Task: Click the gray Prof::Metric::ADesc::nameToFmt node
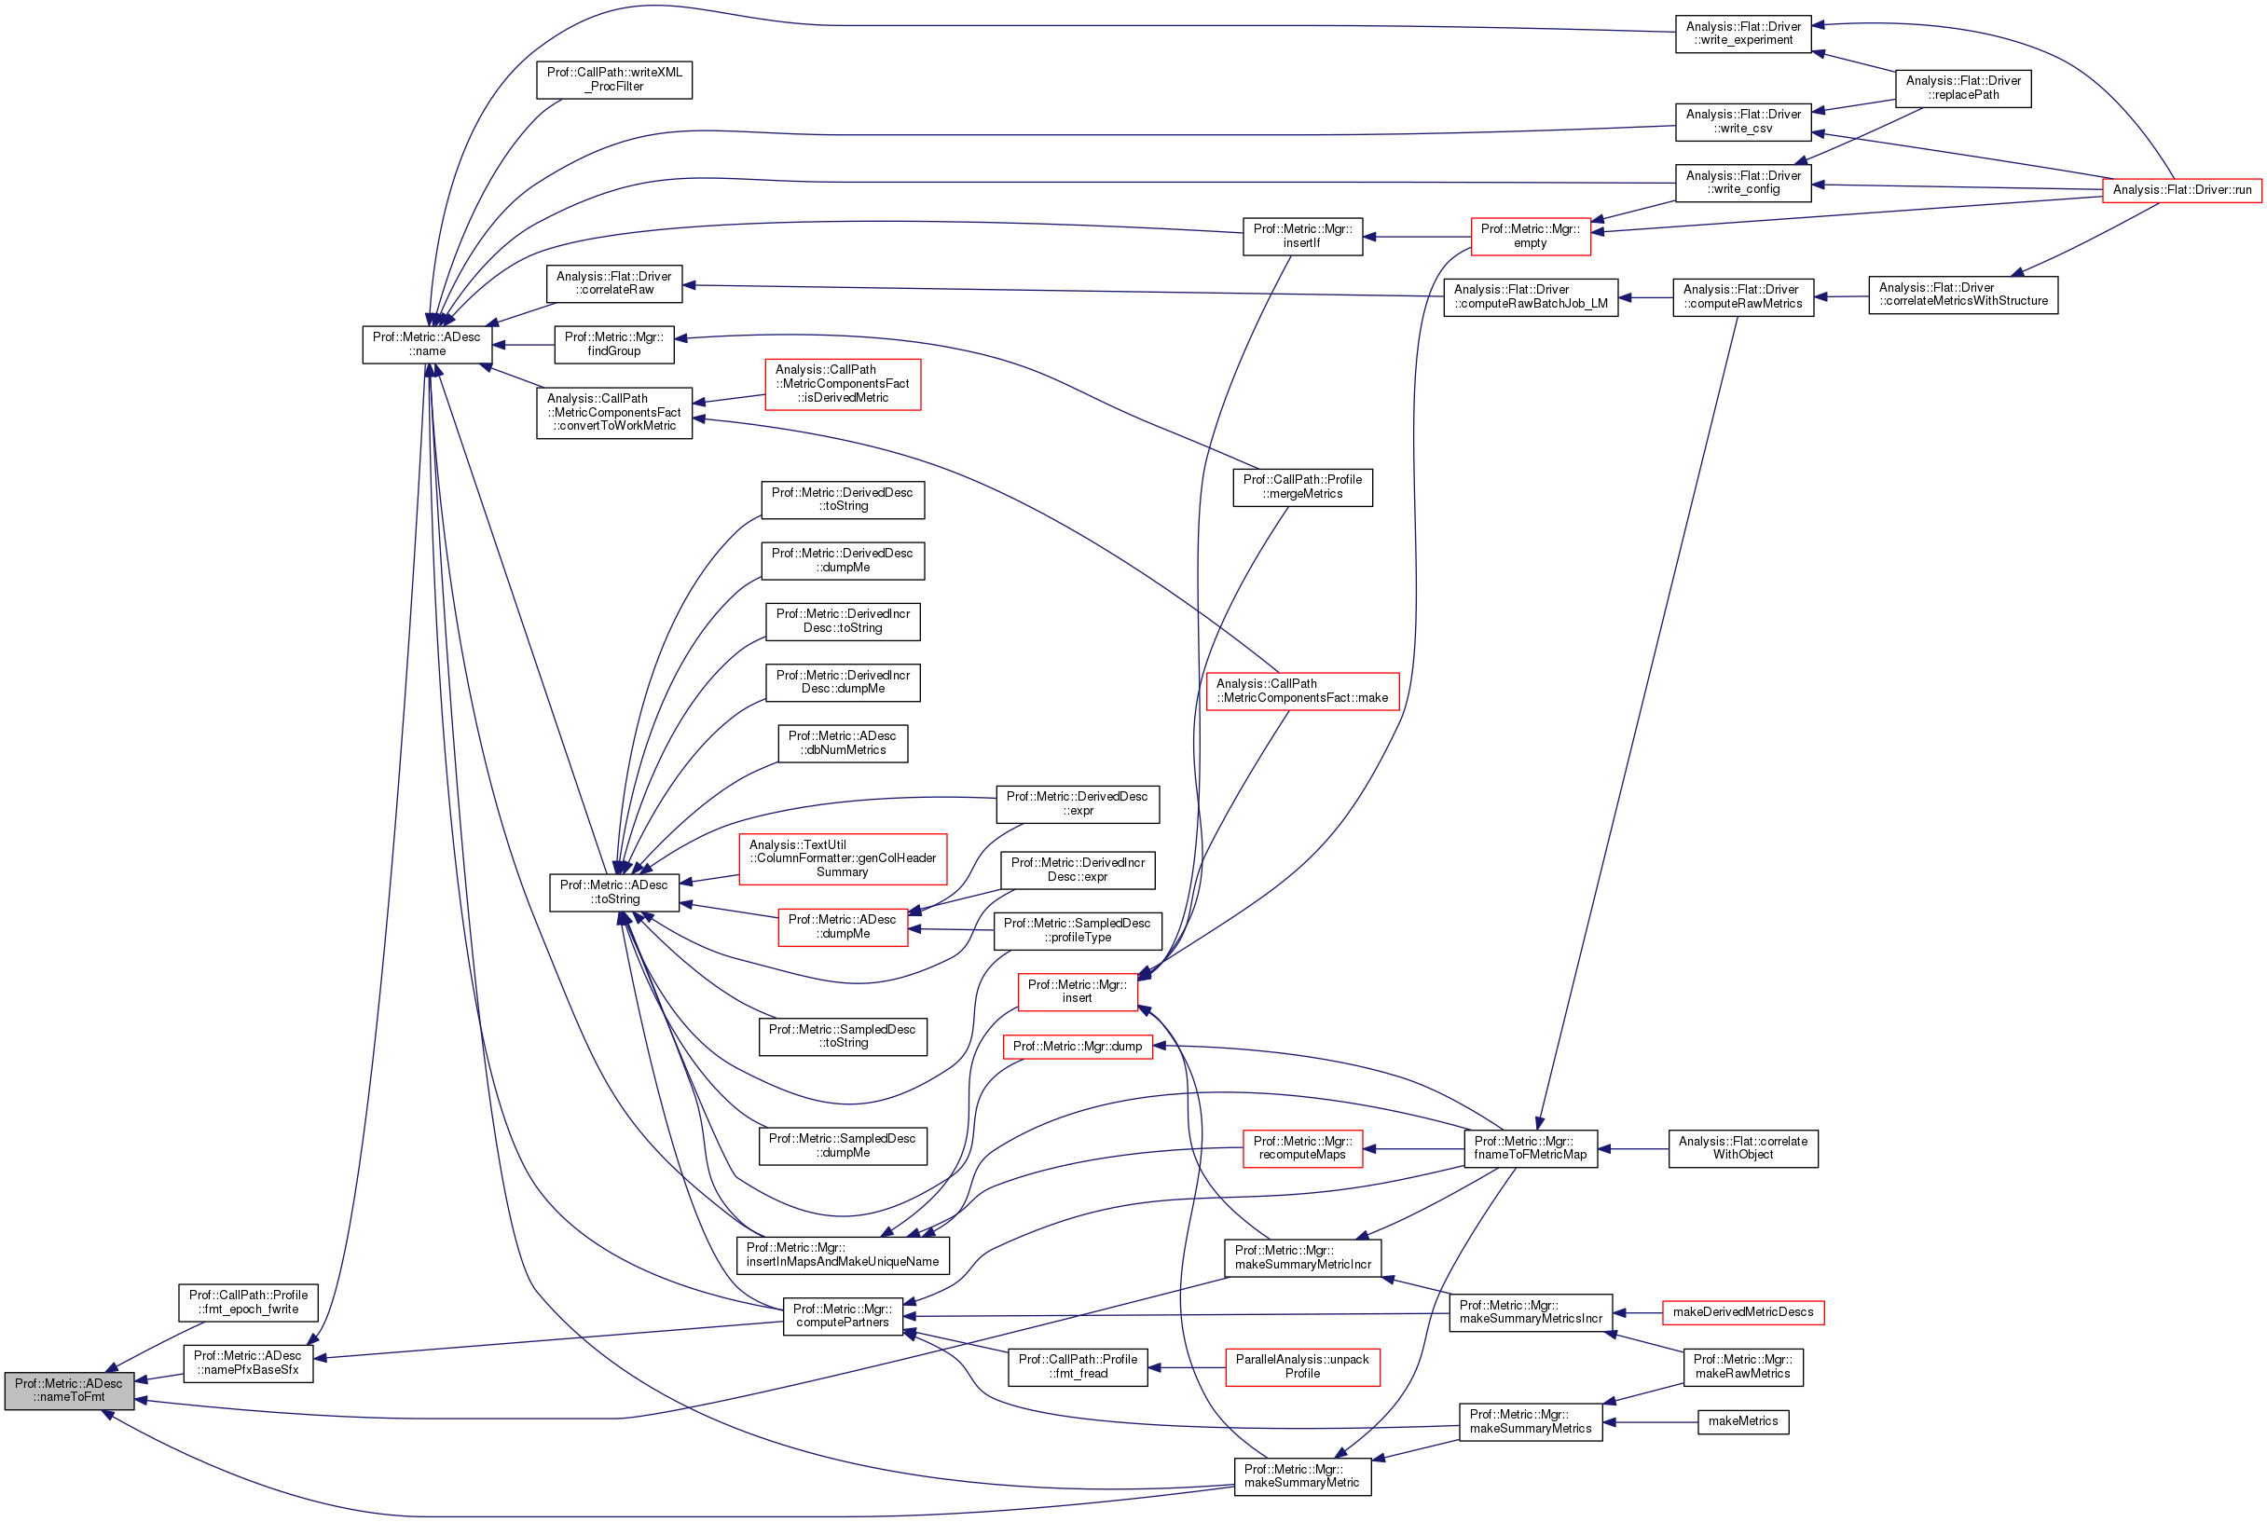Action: coord(68,1390)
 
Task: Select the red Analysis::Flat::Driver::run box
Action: coord(2180,189)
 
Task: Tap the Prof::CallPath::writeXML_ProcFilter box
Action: coord(613,79)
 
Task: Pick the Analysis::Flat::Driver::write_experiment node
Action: coord(1743,34)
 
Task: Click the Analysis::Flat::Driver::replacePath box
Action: coord(1962,89)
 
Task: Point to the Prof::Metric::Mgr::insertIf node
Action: coord(1302,236)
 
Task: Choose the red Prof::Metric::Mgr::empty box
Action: coord(1530,236)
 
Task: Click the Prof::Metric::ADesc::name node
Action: coord(426,345)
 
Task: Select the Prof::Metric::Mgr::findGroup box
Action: coord(613,345)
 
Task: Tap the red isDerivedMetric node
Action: coord(842,383)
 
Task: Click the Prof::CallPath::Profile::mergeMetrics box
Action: coord(1302,487)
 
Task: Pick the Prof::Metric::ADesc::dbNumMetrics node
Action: coord(842,743)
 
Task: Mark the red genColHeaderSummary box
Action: coord(842,858)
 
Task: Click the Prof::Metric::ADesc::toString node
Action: coord(613,892)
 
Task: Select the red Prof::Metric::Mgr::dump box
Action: coord(1077,1047)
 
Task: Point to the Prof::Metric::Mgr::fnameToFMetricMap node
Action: coord(1530,1148)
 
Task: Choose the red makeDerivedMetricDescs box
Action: coord(1743,1312)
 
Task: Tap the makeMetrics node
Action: coord(1743,1421)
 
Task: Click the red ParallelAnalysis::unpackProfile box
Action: coord(1302,1366)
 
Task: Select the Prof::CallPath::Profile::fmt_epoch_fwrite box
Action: coord(248,1302)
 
